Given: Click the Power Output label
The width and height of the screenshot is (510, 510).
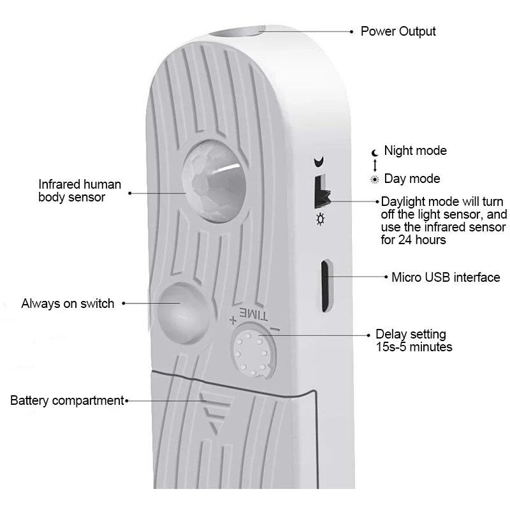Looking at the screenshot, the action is coord(398,31).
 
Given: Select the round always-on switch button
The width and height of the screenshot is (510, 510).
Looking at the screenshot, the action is coord(182,313).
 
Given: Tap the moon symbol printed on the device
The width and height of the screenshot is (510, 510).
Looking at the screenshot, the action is coord(319,162).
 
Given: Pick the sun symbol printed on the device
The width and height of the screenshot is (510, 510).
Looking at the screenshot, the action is coord(321,219).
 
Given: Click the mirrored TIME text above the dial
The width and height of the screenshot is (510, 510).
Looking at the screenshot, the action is coord(254,314).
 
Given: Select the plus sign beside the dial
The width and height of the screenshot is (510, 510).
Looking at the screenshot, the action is coord(233,321).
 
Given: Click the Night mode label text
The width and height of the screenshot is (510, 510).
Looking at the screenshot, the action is coord(416,150).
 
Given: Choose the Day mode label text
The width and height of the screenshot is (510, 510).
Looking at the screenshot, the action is coord(412,178).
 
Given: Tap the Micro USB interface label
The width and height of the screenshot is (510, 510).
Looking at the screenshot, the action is coord(446,277).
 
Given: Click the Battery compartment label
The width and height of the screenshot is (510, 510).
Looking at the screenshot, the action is coord(67,400).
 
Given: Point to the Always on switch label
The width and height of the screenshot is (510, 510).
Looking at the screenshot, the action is coord(68,303).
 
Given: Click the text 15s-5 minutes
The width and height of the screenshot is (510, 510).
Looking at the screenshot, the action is coord(414,347).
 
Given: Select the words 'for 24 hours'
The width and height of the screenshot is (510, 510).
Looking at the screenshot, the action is coord(413,240).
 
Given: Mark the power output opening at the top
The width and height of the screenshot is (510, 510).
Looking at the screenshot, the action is coord(237,32).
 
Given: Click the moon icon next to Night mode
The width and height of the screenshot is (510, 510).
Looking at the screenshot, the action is coord(375,152).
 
